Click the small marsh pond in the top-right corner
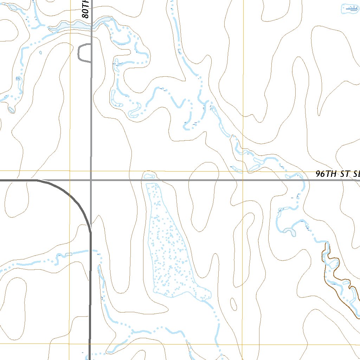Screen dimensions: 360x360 (350, 8)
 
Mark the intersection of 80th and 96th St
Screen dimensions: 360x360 (91, 180)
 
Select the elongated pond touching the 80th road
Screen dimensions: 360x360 (70, 26)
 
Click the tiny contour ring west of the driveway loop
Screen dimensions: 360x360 (41, 53)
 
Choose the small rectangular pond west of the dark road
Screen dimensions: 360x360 (69, 254)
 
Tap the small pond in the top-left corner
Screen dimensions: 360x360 (13, 7)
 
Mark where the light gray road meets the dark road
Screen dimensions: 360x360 (91, 227)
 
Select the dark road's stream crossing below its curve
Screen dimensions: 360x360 (91, 252)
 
